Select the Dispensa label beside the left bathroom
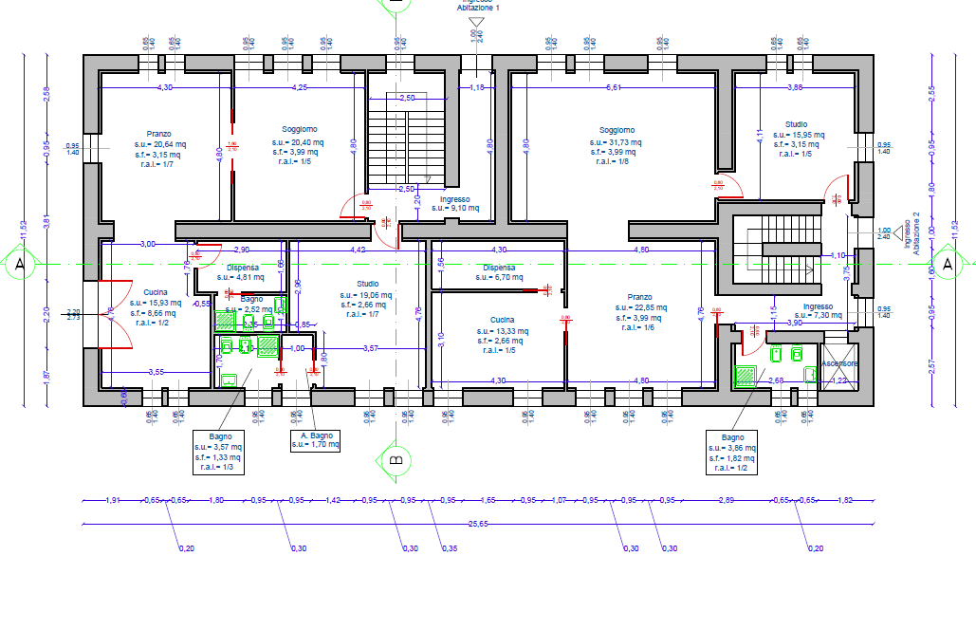click(x=243, y=269)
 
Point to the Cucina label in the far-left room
click(x=156, y=291)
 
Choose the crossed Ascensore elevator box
click(x=839, y=364)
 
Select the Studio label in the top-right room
click(x=795, y=124)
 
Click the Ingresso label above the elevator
click(x=818, y=306)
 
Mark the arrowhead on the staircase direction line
click(x=809, y=269)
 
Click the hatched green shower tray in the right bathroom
click(x=745, y=377)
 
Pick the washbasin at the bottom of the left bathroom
click(x=229, y=380)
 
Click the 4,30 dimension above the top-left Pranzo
click(x=164, y=87)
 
